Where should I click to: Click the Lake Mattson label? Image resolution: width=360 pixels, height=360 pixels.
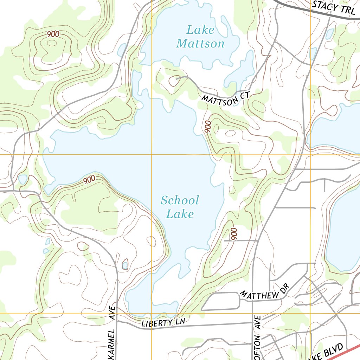[200, 37]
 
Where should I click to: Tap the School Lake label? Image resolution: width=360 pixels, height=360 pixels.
[180, 207]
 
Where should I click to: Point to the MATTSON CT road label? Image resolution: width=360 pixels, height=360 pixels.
[225, 98]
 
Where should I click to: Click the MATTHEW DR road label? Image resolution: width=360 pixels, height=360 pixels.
[264, 292]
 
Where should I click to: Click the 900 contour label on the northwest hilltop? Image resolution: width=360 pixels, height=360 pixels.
[53, 34]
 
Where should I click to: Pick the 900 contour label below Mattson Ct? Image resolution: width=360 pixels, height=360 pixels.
[207, 127]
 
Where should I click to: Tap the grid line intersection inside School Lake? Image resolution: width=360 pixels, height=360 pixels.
[152, 154]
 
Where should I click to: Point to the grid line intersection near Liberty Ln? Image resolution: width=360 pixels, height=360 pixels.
[152, 313]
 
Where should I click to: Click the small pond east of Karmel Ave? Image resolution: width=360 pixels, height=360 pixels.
[125, 265]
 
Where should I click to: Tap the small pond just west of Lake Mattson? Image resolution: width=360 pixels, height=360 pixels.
[122, 50]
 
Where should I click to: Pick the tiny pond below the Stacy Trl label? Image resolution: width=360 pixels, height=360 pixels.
[330, 34]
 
